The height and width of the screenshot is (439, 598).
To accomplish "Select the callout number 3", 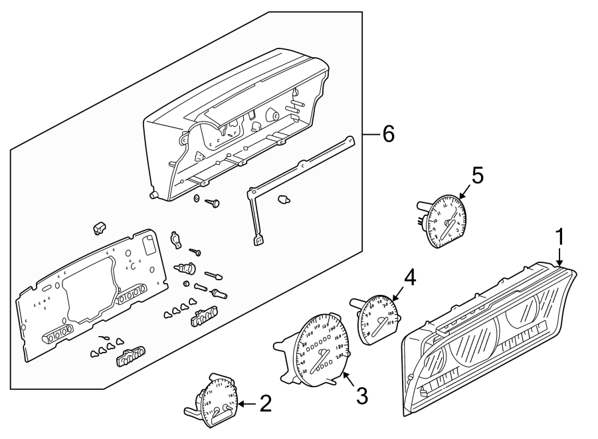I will [361, 396].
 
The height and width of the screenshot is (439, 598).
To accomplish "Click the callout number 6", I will [387, 134].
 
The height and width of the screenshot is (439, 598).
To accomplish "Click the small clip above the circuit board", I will [100, 228].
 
